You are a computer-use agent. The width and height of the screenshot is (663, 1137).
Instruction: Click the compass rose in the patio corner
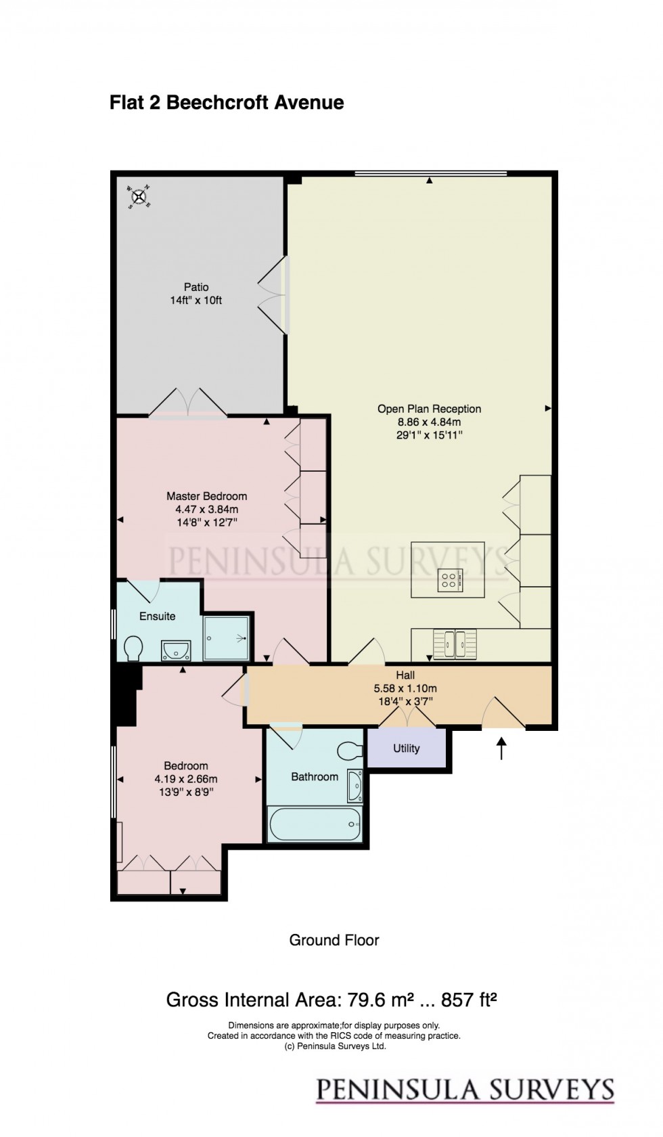coord(139,197)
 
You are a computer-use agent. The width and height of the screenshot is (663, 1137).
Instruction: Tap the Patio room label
coord(196,287)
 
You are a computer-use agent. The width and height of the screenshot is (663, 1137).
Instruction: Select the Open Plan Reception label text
coord(429,409)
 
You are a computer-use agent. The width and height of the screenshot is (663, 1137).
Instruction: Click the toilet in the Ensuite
coord(133,648)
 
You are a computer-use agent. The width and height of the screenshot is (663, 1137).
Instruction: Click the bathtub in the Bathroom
coord(315,824)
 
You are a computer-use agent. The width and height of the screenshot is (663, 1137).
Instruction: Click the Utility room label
coord(406,749)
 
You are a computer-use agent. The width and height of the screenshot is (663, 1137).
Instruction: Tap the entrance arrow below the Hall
coord(501,749)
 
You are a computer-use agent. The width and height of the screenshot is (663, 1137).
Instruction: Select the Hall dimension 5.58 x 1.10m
coord(405,688)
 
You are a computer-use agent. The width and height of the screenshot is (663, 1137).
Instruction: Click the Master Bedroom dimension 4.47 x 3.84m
coord(206,510)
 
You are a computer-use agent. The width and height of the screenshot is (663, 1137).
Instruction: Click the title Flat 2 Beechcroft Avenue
coord(227,103)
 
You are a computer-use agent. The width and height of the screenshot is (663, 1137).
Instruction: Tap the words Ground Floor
coord(334,940)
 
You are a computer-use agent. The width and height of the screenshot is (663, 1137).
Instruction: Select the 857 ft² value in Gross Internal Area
coord(469,1000)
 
